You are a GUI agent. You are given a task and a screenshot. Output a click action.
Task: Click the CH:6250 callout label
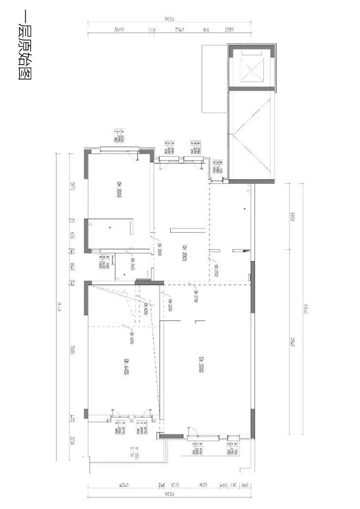tap(142, 307)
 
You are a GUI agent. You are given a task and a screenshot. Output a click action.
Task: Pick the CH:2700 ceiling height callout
tap(196, 296)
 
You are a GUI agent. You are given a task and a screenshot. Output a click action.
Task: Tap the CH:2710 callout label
tap(216, 270)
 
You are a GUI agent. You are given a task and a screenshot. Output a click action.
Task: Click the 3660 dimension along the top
tap(119, 30)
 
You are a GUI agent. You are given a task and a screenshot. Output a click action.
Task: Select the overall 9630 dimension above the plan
tap(170, 20)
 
